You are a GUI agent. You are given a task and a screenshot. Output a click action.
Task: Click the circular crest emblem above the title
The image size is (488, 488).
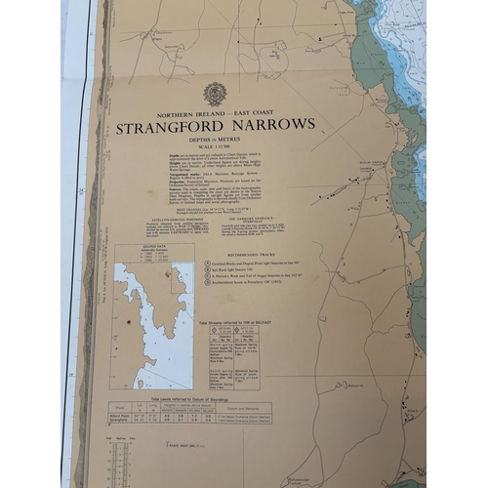215,95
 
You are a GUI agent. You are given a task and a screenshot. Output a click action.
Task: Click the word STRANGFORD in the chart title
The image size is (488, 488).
162,126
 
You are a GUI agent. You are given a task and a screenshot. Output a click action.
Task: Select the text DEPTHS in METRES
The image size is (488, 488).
215,139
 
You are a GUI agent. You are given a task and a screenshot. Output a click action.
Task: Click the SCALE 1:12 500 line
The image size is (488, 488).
215,146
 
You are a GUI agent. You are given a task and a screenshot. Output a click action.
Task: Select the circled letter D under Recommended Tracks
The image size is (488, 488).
209,290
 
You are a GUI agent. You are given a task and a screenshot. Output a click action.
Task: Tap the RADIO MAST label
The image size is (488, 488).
183,445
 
